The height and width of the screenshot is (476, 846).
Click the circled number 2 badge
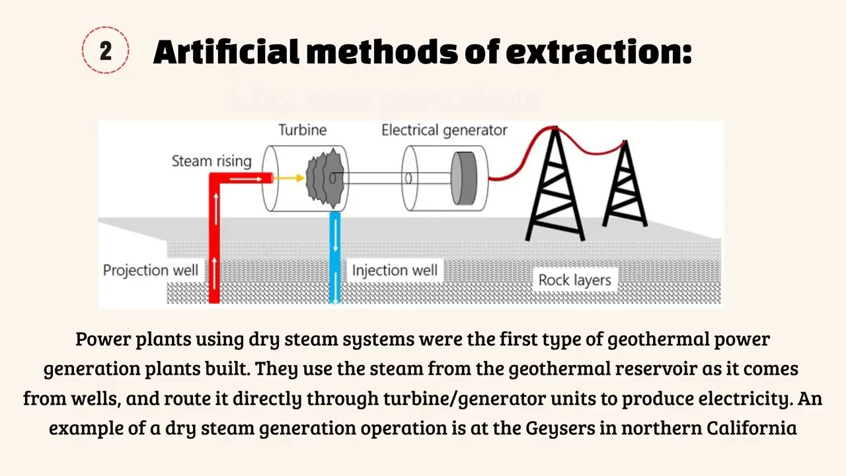[x=106, y=50]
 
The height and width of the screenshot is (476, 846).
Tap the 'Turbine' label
[x=302, y=130]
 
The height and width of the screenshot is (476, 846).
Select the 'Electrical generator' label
[x=444, y=130]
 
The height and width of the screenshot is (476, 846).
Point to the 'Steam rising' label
[x=211, y=161]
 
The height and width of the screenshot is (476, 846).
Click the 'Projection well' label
[x=150, y=270]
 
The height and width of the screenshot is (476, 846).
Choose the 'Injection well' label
[x=394, y=270]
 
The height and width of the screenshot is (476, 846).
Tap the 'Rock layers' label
[x=574, y=280]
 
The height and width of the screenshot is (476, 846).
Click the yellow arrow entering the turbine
[x=289, y=178]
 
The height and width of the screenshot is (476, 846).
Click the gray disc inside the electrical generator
[x=464, y=178]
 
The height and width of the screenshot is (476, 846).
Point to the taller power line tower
[x=555, y=185]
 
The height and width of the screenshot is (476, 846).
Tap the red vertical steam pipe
[x=214, y=245]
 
